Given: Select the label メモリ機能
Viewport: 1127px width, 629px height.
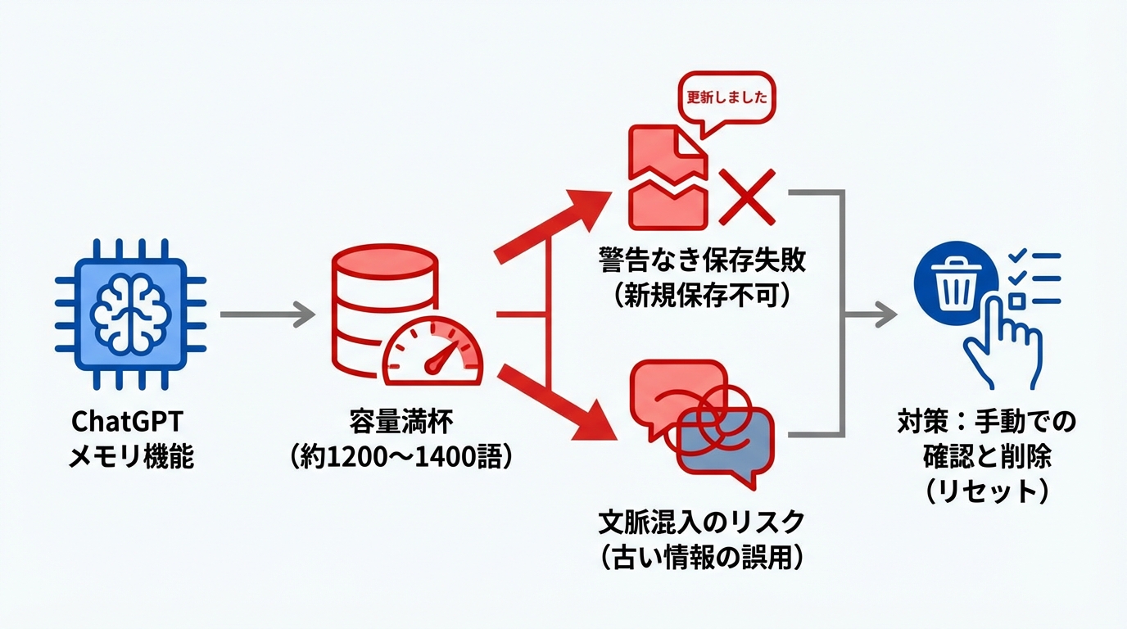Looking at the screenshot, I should tap(131, 455).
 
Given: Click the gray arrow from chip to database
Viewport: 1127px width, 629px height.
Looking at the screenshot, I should tap(267, 314).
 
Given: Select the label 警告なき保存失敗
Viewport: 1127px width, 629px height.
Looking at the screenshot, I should tap(702, 260).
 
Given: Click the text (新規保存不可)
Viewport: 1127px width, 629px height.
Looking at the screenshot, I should tap(702, 294).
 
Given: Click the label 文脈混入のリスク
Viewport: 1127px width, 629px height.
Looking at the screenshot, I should tap(702, 523).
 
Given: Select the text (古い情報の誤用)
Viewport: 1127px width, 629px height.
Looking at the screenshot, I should tap(702, 557).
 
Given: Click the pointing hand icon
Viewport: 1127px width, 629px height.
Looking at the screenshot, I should tap(1001, 344).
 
